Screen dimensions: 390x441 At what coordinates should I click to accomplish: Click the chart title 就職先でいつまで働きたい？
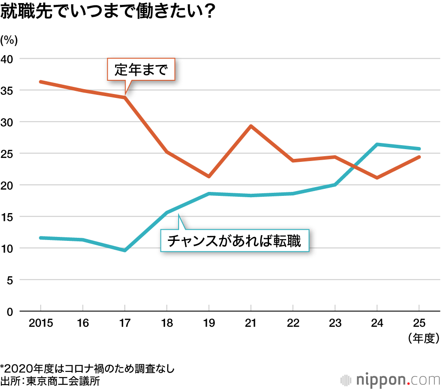pos(108,12)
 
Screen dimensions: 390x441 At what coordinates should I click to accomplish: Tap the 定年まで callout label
pos(141,70)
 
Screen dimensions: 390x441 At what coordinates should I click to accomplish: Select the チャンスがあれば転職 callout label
pos(234,241)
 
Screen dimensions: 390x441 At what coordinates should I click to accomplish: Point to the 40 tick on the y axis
pos(9,59)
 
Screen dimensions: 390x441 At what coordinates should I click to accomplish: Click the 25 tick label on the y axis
pos(9,154)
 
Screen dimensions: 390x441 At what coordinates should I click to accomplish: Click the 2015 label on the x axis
pos(41,323)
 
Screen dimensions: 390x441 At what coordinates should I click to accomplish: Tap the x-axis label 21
pos(250,323)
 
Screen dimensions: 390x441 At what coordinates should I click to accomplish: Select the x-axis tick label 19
pos(209,323)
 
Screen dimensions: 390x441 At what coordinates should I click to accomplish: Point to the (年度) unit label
pos(422,338)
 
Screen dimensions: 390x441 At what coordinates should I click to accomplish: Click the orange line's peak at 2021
pos(250,126)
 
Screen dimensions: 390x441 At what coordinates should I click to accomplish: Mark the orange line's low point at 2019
pos(209,176)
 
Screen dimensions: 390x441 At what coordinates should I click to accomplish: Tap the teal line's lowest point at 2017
pos(125,250)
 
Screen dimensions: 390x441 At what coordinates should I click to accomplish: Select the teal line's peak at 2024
pos(377,144)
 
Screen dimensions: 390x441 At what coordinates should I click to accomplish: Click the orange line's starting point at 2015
pos(41,82)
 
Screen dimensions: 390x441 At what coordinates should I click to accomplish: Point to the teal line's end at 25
pos(419,149)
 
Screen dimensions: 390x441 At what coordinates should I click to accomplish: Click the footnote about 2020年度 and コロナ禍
pos(88,368)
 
